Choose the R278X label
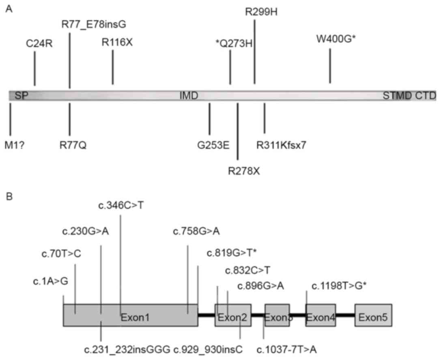click(244, 170)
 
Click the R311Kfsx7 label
click(281, 144)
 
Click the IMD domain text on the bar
click(189, 96)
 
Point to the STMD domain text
click(397, 96)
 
